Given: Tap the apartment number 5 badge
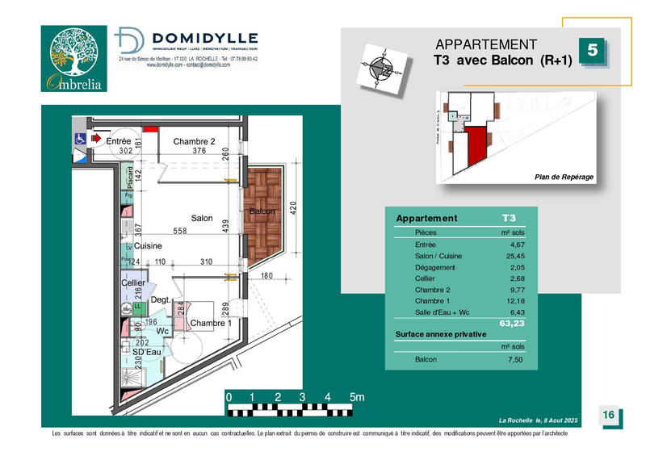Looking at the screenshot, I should click(592, 50).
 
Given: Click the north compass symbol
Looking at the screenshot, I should click(381, 69).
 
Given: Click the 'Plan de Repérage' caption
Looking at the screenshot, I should click(564, 177).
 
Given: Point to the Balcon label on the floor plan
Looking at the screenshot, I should click(262, 211).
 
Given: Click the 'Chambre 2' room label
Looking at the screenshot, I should click(195, 141).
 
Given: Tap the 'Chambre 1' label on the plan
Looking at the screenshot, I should click(211, 324).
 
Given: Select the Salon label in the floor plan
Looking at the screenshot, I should click(202, 219).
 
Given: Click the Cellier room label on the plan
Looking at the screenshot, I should click(132, 283).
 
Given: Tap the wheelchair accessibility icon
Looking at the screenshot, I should click(80, 139).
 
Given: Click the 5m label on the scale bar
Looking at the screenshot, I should click(356, 397).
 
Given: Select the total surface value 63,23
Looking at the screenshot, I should click(512, 324).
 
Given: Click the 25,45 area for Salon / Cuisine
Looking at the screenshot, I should click(512, 256).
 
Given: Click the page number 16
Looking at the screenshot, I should click(608, 415).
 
